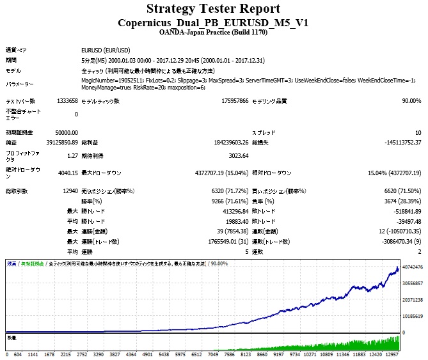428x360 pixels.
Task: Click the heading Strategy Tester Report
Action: click(213, 9)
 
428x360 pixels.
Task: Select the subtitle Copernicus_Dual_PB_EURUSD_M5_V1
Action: click(213, 22)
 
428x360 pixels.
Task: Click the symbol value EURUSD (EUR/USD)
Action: click(106, 49)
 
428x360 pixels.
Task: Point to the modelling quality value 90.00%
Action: click(411, 101)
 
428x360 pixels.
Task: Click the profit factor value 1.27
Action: click(71, 155)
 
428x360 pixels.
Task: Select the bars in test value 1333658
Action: click(67, 101)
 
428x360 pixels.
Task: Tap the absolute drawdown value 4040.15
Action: click(67, 173)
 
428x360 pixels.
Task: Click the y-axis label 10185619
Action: click(413, 316)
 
